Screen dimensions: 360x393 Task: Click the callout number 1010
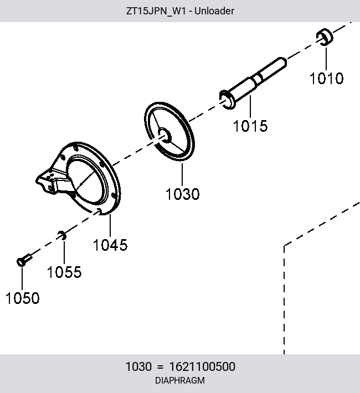pyautogui.click(x=326, y=78)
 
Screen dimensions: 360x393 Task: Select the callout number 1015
pyautogui.click(x=250, y=126)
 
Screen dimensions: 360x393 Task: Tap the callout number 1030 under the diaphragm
pyautogui.click(x=182, y=194)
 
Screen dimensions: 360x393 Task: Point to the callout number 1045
pyautogui.click(x=110, y=245)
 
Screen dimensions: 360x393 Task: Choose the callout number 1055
pyautogui.click(x=64, y=272)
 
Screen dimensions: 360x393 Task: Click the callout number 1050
pyautogui.click(x=22, y=298)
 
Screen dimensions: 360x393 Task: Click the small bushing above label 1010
pyautogui.click(x=325, y=37)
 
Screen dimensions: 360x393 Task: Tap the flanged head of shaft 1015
pyautogui.click(x=227, y=100)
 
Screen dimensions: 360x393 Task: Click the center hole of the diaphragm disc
pyautogui.click(x=165, y=136)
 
